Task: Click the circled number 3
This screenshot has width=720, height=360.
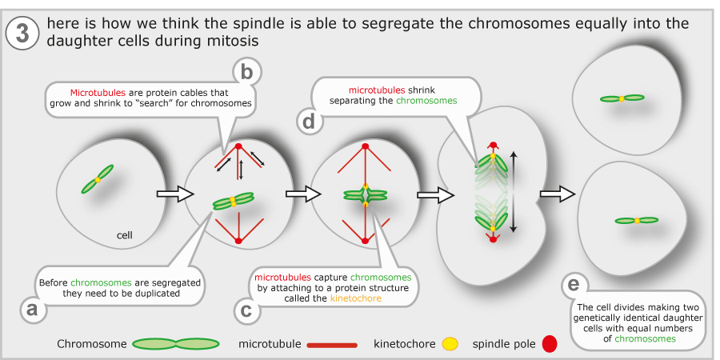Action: point(22,34)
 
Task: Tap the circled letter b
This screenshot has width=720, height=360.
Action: point(247,73)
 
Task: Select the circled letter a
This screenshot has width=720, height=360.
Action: point(32,309)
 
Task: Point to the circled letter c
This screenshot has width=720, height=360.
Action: point(246,310)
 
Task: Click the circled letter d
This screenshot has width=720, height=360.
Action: point(309,122)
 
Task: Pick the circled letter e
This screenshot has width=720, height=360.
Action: point(574,285)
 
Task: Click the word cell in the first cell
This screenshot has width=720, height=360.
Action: point(125,235)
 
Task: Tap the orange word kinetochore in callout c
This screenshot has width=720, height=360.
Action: point(356,298)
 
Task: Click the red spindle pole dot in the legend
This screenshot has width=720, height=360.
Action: point(550,344)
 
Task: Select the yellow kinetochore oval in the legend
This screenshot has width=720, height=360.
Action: point(450,343)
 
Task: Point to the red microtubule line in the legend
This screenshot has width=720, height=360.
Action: point(332,344)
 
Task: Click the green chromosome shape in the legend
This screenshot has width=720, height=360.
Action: point(176,344)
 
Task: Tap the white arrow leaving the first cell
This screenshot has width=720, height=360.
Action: point(174,194)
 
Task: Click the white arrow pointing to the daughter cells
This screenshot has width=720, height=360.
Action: point(557,194)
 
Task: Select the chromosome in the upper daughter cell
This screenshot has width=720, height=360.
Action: point(622,98)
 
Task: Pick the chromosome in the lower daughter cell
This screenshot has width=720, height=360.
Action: point(637,221)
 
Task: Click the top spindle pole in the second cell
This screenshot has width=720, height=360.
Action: point(238,146)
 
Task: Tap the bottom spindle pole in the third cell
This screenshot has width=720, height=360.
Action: point(365,240)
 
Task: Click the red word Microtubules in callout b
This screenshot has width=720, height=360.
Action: point(98,93)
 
